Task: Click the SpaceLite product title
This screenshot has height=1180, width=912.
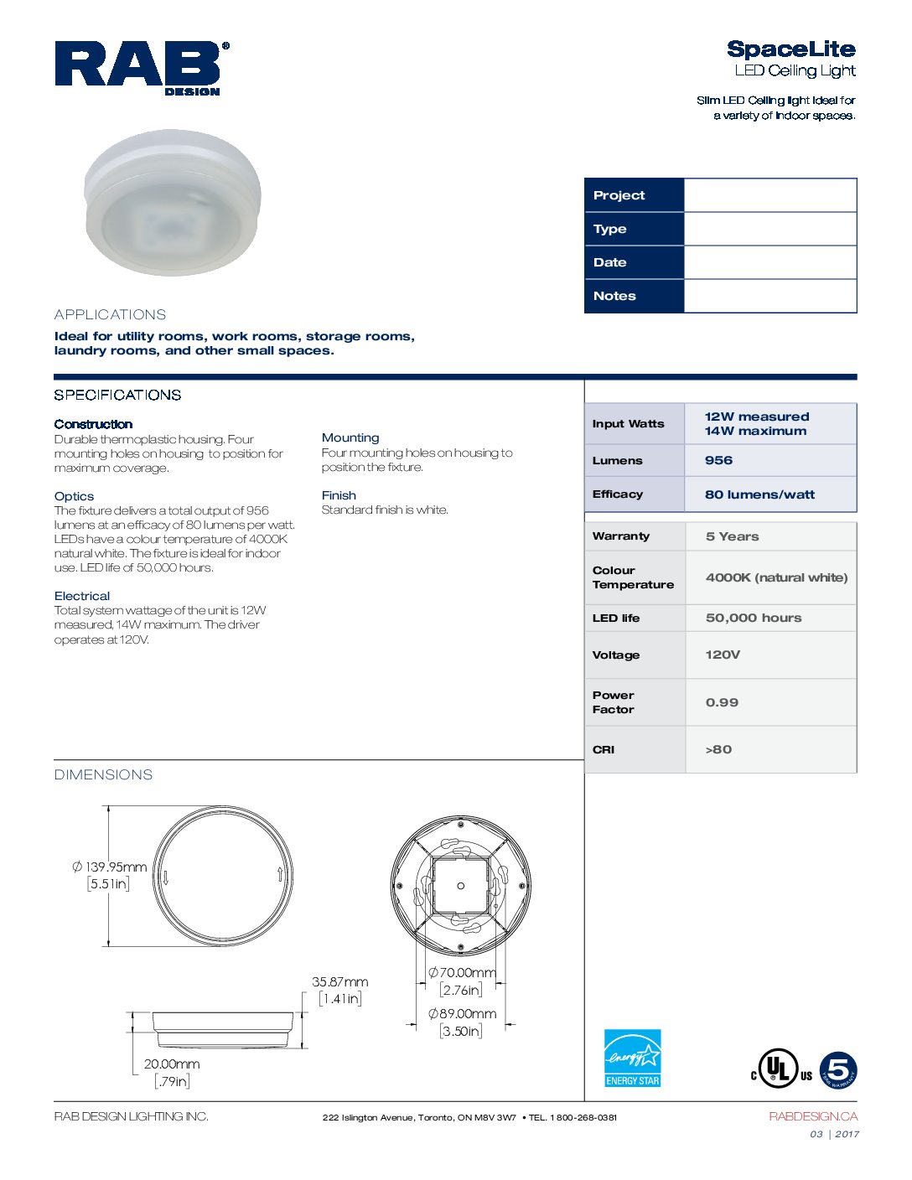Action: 790,49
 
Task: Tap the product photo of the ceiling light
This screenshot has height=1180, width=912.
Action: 173,203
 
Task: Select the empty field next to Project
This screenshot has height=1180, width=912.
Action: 769,195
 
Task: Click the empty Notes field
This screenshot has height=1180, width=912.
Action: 769,296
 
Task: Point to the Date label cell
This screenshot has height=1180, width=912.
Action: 634,262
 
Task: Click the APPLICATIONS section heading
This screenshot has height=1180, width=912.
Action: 110,315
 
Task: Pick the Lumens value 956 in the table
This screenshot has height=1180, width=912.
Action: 718,460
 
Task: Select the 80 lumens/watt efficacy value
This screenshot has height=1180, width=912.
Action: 759,494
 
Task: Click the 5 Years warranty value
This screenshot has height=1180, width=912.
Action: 732,536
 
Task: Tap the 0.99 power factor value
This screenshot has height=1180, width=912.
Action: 722,702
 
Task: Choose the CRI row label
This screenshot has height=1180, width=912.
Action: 604,749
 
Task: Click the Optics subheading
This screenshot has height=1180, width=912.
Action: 74,496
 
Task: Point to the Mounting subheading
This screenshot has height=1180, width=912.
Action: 350,437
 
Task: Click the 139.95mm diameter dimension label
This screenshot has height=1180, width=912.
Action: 116,867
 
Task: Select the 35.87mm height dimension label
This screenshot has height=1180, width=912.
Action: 340,981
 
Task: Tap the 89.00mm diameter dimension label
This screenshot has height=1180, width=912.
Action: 463,1013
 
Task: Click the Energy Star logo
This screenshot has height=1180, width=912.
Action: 633,1058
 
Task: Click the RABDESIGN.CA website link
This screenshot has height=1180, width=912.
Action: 813,1116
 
